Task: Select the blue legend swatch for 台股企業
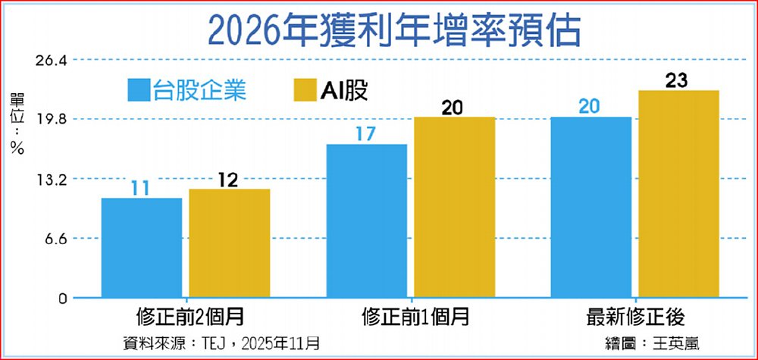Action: point(139,91)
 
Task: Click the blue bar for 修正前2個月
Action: point(142,248)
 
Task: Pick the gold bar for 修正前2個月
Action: point(229,243)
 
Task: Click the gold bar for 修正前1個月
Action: point(454,208)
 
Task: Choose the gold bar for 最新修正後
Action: point(678,194)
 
